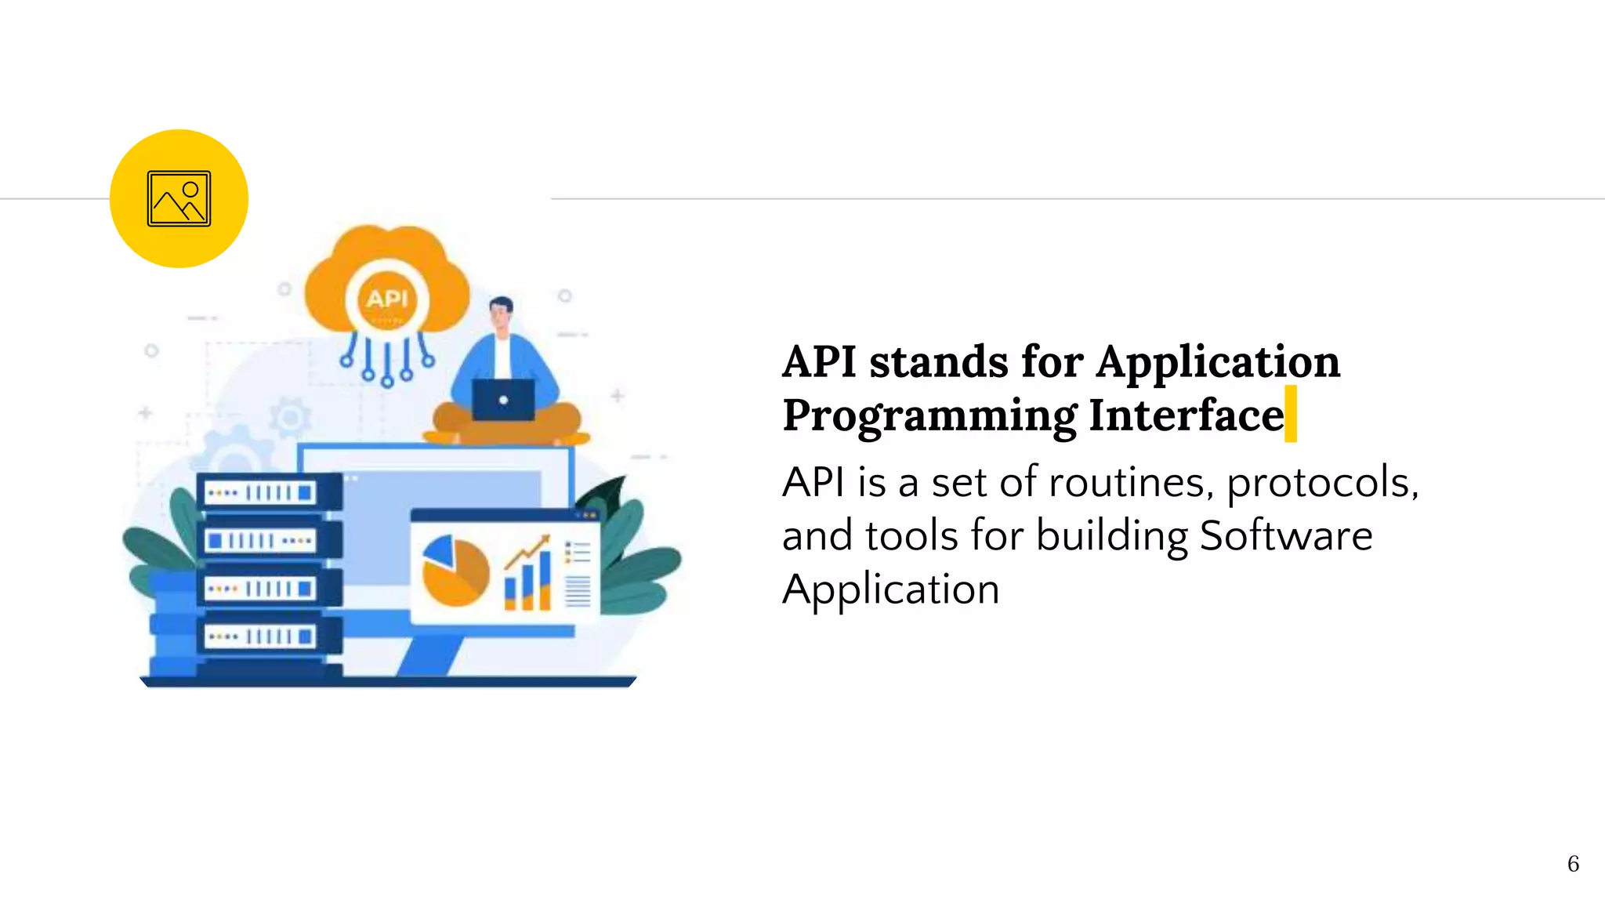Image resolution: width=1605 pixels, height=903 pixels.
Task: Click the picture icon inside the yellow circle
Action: pyautogui.click(x=179, y=198)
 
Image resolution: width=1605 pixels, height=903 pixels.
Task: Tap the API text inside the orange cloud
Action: pyautogui.click(x=387, y=299)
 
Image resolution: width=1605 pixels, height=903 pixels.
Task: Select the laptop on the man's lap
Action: pyautogui.click(x=503, y=400)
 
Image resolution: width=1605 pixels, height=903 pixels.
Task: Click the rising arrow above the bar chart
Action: pyautogui.click(x=527, y=552)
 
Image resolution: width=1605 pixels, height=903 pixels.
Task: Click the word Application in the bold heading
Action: pyautogui.click(x=1218, y=361)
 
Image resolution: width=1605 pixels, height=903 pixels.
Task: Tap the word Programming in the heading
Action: pyautogui.click(x=929, y=415)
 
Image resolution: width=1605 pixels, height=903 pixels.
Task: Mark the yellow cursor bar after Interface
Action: pyautogui.click(x=1290, y=414)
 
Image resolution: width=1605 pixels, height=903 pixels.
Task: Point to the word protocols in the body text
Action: pyautogui.click(x=1323, y=483)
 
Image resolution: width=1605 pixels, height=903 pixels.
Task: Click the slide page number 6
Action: pyautogui.click(x=1572, y=863)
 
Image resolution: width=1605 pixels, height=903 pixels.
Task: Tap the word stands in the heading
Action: pyautogui.click(x=939, y=361)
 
